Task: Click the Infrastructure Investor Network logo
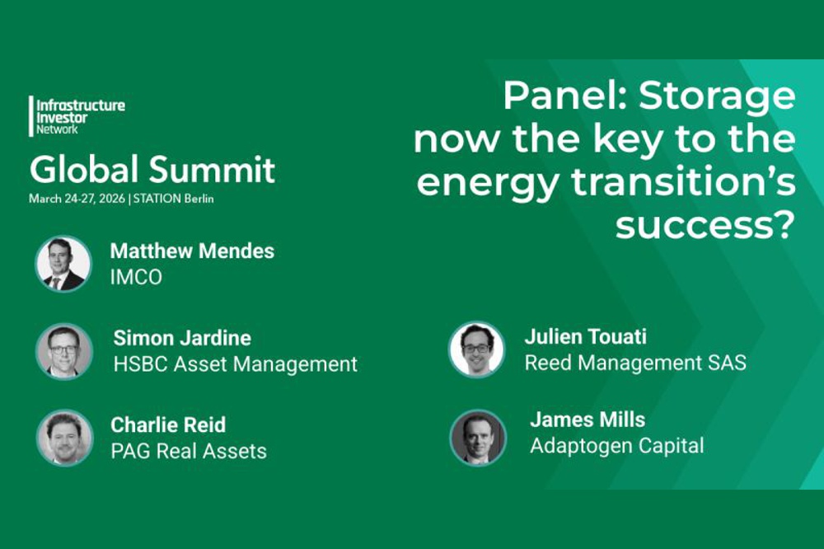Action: [x=77, y=116]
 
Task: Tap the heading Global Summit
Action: [x=152, y=169]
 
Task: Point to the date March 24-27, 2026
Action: [x=77, y=199]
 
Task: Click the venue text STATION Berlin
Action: [x=173, y=199]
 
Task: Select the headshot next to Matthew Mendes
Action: [x=63, y=264]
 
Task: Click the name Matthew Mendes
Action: [x=192, y=251]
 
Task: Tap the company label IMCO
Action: [x=136, y=277]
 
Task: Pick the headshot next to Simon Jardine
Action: [x=64, y=351]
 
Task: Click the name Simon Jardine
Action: [x=182, y=338]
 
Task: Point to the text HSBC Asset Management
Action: [x=236, y=364]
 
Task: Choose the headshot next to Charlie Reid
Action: [x=64, y=438]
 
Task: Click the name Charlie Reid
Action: [x=168, y=425]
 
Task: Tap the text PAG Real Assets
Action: [x=189, y=451]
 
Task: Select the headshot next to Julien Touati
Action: [x=476, y=350]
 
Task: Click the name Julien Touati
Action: [x=585, y=336]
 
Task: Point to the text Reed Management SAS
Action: [x=635, y=363]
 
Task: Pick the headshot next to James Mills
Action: [x=478, y=438]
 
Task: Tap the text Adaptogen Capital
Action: [x=617, y=446]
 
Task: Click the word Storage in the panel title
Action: [x=717, y=96]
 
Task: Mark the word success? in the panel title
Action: [x=705, y=225]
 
